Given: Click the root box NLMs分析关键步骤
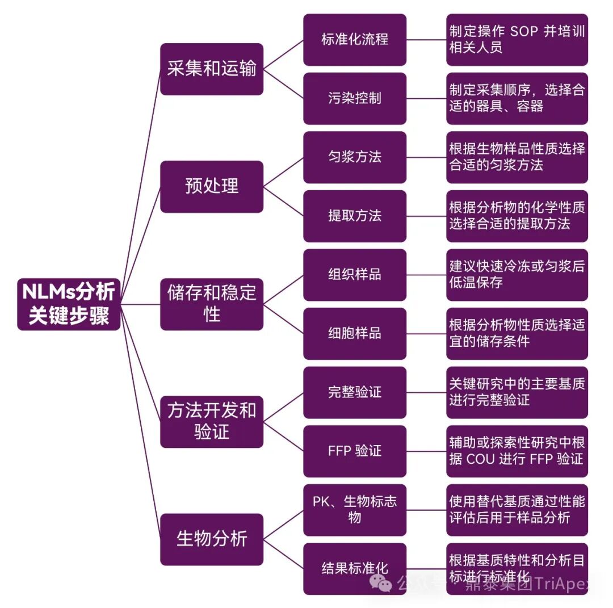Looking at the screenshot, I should [69, 304].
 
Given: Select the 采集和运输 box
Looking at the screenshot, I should [212, 69].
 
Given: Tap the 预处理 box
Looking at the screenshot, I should [212, 186].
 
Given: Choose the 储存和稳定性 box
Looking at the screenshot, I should [212, 304].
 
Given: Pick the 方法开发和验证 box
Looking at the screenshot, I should [212, 421].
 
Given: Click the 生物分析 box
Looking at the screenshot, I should [212, 539].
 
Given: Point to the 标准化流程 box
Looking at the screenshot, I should [355, 40].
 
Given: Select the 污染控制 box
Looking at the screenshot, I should [355, 98].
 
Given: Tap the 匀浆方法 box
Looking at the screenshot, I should [355, 157].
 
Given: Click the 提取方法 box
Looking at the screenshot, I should [355, 216].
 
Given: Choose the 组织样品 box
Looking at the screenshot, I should [355, 275].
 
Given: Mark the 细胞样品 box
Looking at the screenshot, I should [355, 333].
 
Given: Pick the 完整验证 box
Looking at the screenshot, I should [355, 392].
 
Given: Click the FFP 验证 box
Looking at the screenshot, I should [355, 451].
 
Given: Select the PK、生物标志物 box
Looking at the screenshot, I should [355, 510].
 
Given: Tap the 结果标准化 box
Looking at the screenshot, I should [355, 568].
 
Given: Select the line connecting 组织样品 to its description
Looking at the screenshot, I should [426, 275].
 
